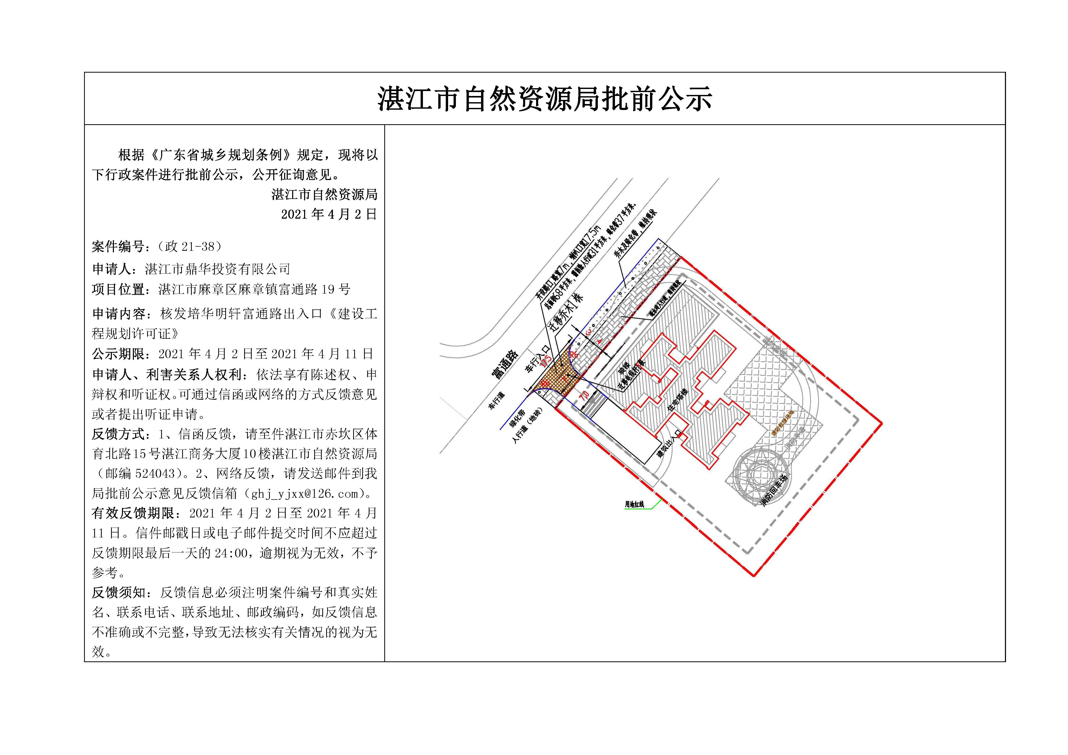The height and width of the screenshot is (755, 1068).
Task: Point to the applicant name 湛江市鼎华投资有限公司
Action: [x=218, y=269]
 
